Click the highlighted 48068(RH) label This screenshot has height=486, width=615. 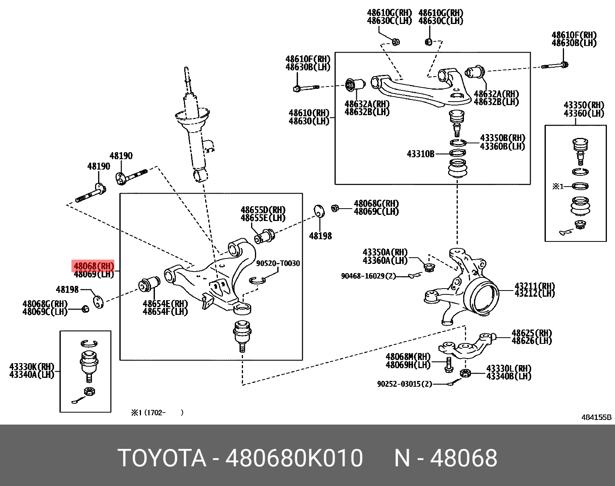point(93,266)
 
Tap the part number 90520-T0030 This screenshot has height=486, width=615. point(278,263)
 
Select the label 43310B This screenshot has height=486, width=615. point(420,154)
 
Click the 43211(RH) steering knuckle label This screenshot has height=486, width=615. point(535,286)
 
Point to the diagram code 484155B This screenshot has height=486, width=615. point(596,417)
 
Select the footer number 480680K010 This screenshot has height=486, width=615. point(294,458)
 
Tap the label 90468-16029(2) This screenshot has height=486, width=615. point(368,276)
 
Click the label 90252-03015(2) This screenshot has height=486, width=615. point(404,384)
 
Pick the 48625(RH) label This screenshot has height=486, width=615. point(532,333)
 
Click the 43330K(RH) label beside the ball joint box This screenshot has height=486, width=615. point(32,367)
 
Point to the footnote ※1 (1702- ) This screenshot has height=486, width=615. point(157,413)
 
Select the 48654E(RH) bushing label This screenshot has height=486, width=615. point(165,304)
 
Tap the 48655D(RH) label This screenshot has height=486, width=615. point(263,210)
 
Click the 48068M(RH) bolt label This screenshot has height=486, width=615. point(408,357)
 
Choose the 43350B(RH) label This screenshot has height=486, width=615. point(502,138)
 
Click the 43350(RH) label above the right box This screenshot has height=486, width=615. point(583,105)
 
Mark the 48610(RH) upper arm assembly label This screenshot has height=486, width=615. point(309,113)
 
